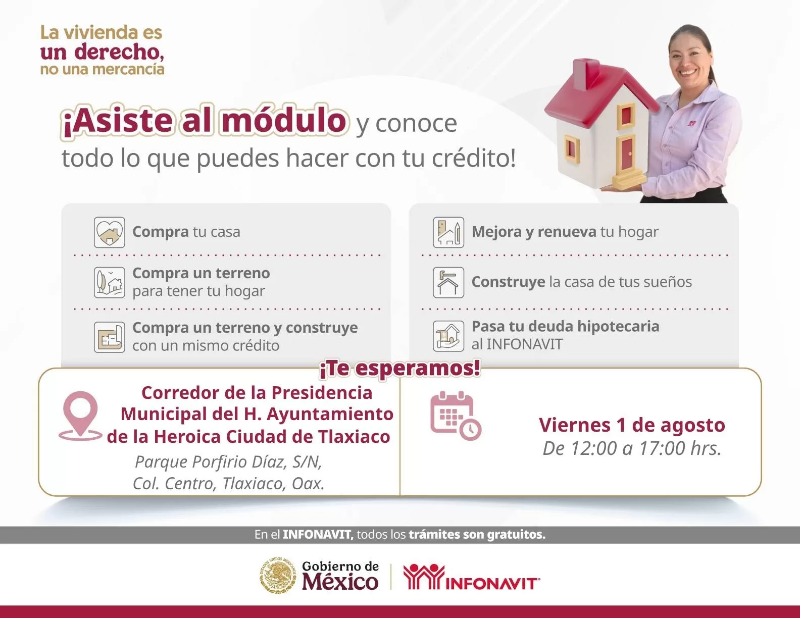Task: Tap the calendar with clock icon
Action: pyautogui.click(x=456, y=416)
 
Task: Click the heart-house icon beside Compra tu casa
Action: pyautogui.click(x=109, y=232)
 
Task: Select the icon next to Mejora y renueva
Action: pyautogui.click(x=448, y=232)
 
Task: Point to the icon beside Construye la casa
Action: pyautogui.click(x=448, y=282)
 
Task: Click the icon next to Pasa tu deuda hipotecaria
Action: pyautogui.click(x=448, y=336)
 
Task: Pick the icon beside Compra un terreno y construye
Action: pyautogui.click(x=109, y=337)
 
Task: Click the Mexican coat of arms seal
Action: pyautogui.click(x=278, y=575)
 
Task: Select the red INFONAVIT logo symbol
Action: pyautogui.click(x=424, y=577)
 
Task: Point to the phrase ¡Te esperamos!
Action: pyautogui.click(x=400, y=369)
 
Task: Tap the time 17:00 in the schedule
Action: pyautogui.click(x=662, y=448)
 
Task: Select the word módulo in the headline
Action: pyautogui.click(x=284, y=120)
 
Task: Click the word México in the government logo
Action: pyautogui.click(x=340, y=582)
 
